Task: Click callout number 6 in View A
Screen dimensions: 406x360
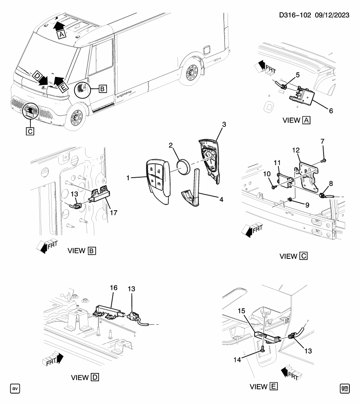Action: click(331, 111)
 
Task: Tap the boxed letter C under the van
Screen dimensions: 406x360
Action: click(29, 131)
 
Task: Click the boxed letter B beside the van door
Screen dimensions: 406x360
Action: click(102, 89)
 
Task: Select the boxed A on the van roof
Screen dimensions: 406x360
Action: click(62, 36)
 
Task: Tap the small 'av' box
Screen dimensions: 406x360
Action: click(15, 387)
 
